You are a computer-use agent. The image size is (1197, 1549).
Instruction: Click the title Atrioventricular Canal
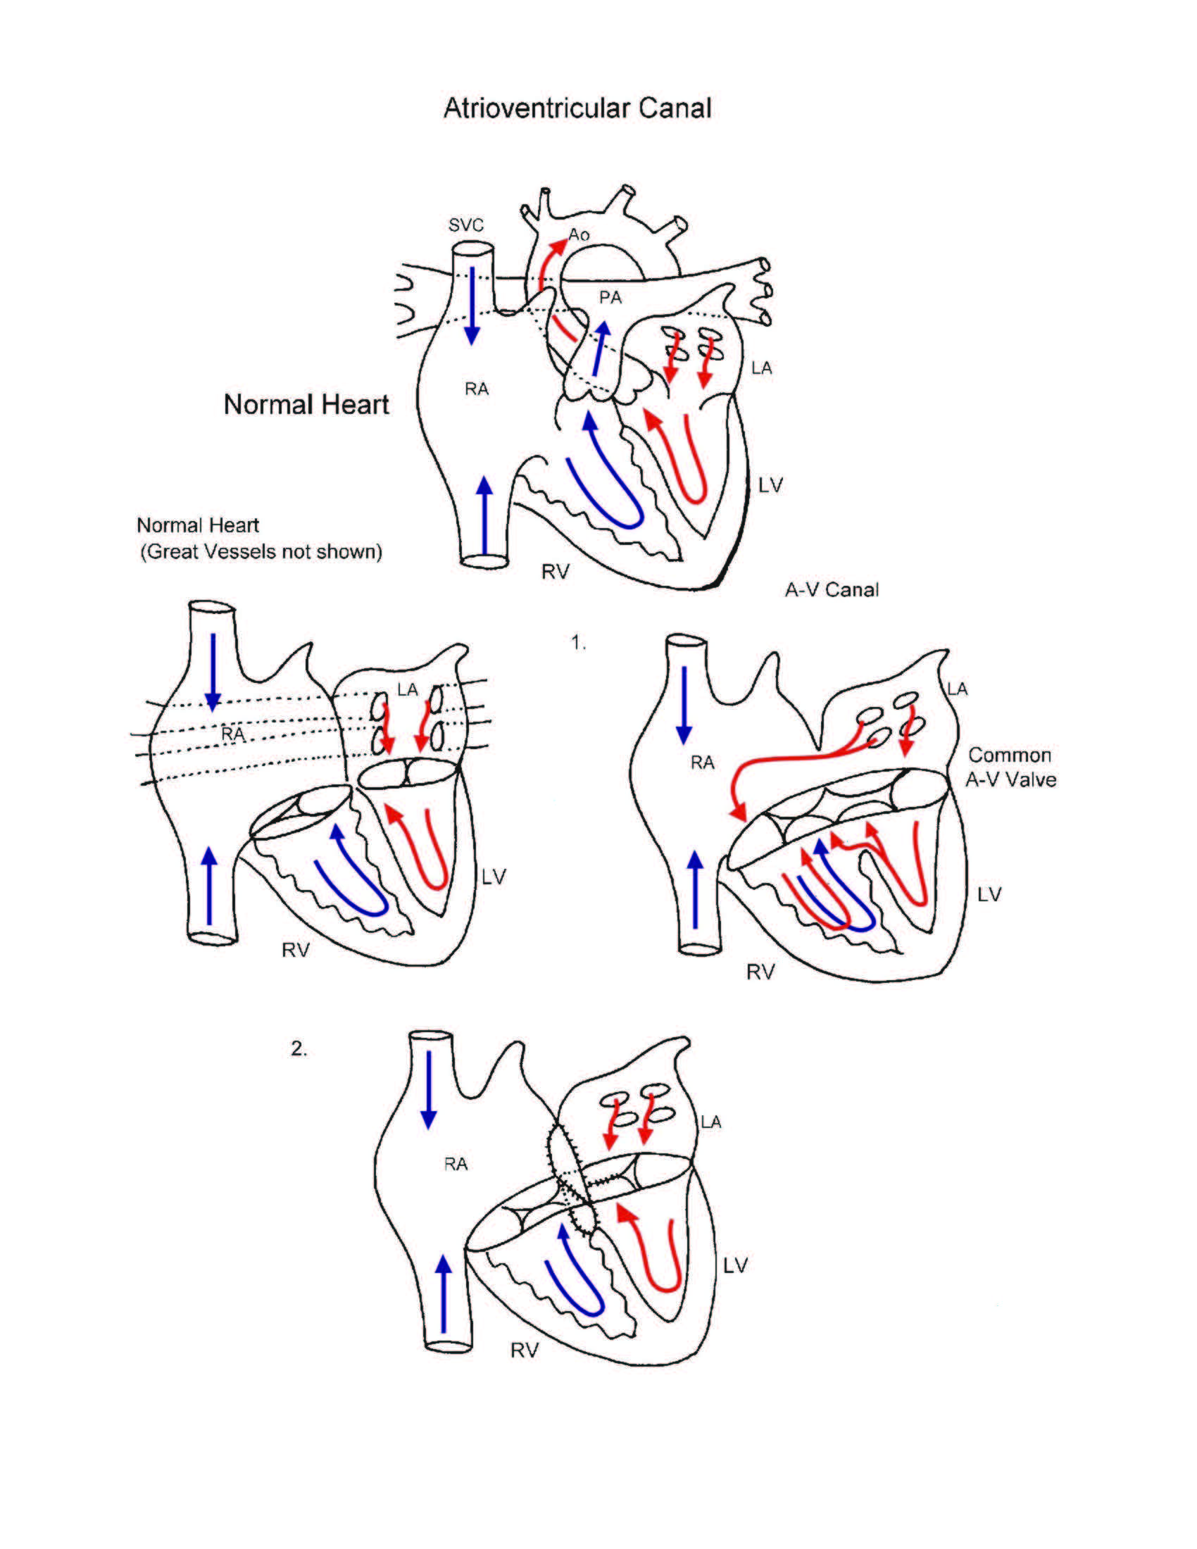point(577,108)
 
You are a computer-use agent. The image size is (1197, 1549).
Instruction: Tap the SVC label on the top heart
point(465,225)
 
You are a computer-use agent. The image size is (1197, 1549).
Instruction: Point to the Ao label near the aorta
point(579,234)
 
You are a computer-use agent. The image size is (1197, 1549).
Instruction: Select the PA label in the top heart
point(610,297)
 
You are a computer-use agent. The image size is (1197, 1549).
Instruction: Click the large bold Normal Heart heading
point(306,405)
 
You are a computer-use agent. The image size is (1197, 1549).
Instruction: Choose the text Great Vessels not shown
point(261,551)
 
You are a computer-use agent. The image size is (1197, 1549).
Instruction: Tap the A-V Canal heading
point(831,589)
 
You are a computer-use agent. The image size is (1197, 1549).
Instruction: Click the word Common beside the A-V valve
point(1009,755)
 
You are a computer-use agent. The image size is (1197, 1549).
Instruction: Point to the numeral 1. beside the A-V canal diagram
point(579,644)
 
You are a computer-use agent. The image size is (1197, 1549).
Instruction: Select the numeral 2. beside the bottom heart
point(299,1048)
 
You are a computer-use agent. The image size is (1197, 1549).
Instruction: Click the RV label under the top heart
point(556,572)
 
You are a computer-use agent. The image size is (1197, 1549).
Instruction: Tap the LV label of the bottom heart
point(735,1265)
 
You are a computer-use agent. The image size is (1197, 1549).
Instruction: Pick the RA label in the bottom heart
point(456,1164)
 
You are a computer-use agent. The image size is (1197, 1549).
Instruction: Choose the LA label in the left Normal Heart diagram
point(407,689)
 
